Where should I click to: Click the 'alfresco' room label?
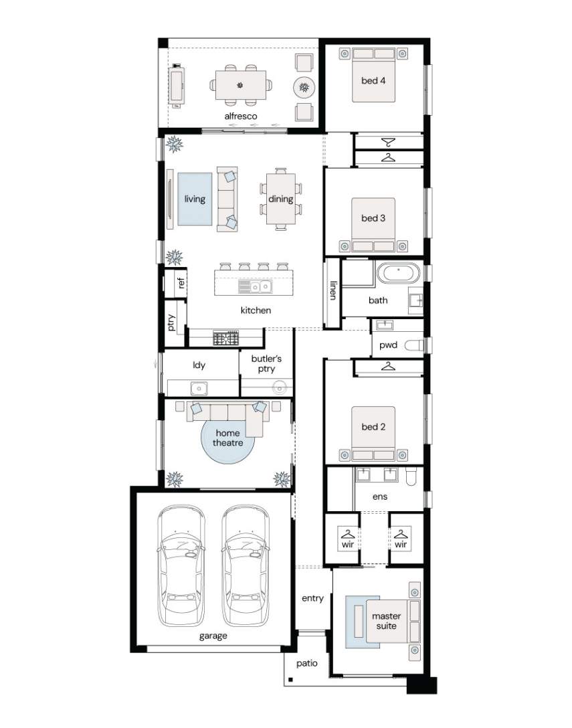point(240,116)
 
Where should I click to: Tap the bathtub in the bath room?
point(398,273)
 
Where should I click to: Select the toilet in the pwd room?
point(414,345)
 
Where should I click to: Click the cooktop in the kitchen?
point(225,337)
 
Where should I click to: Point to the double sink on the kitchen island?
point(255,287)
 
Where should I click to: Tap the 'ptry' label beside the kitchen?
point(171,323)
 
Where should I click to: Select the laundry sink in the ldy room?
point(199,387)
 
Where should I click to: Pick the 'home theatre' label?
point(228,438)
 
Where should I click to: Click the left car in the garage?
point(181,566)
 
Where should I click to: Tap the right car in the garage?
point(245,566)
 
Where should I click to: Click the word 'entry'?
point(312,598)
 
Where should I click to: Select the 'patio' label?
point(307,664)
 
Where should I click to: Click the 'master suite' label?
point(386,621)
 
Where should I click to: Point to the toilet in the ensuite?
point(411,476)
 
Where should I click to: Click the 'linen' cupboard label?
point(333,290)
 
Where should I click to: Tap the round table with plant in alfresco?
point(304,87)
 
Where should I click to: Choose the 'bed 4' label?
point(373,80)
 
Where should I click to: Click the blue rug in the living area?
point(195,199)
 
